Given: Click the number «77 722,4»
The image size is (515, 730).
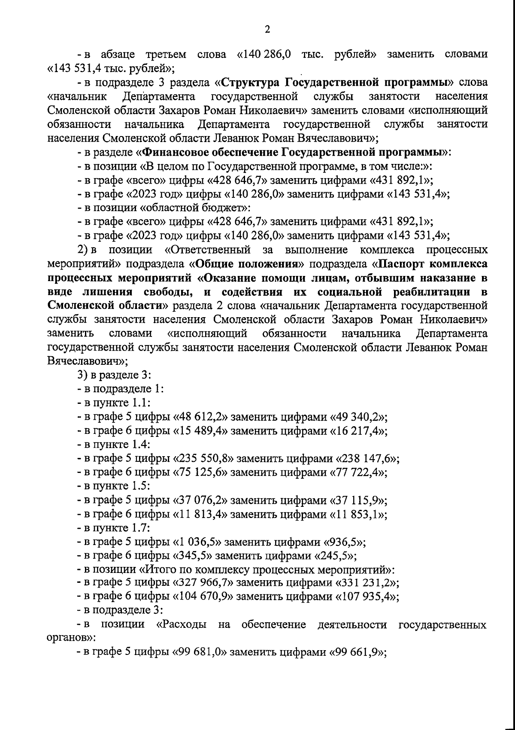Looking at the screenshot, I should (x=359, y=473).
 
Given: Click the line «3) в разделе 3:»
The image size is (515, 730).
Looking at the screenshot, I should (x=113, y=376).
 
